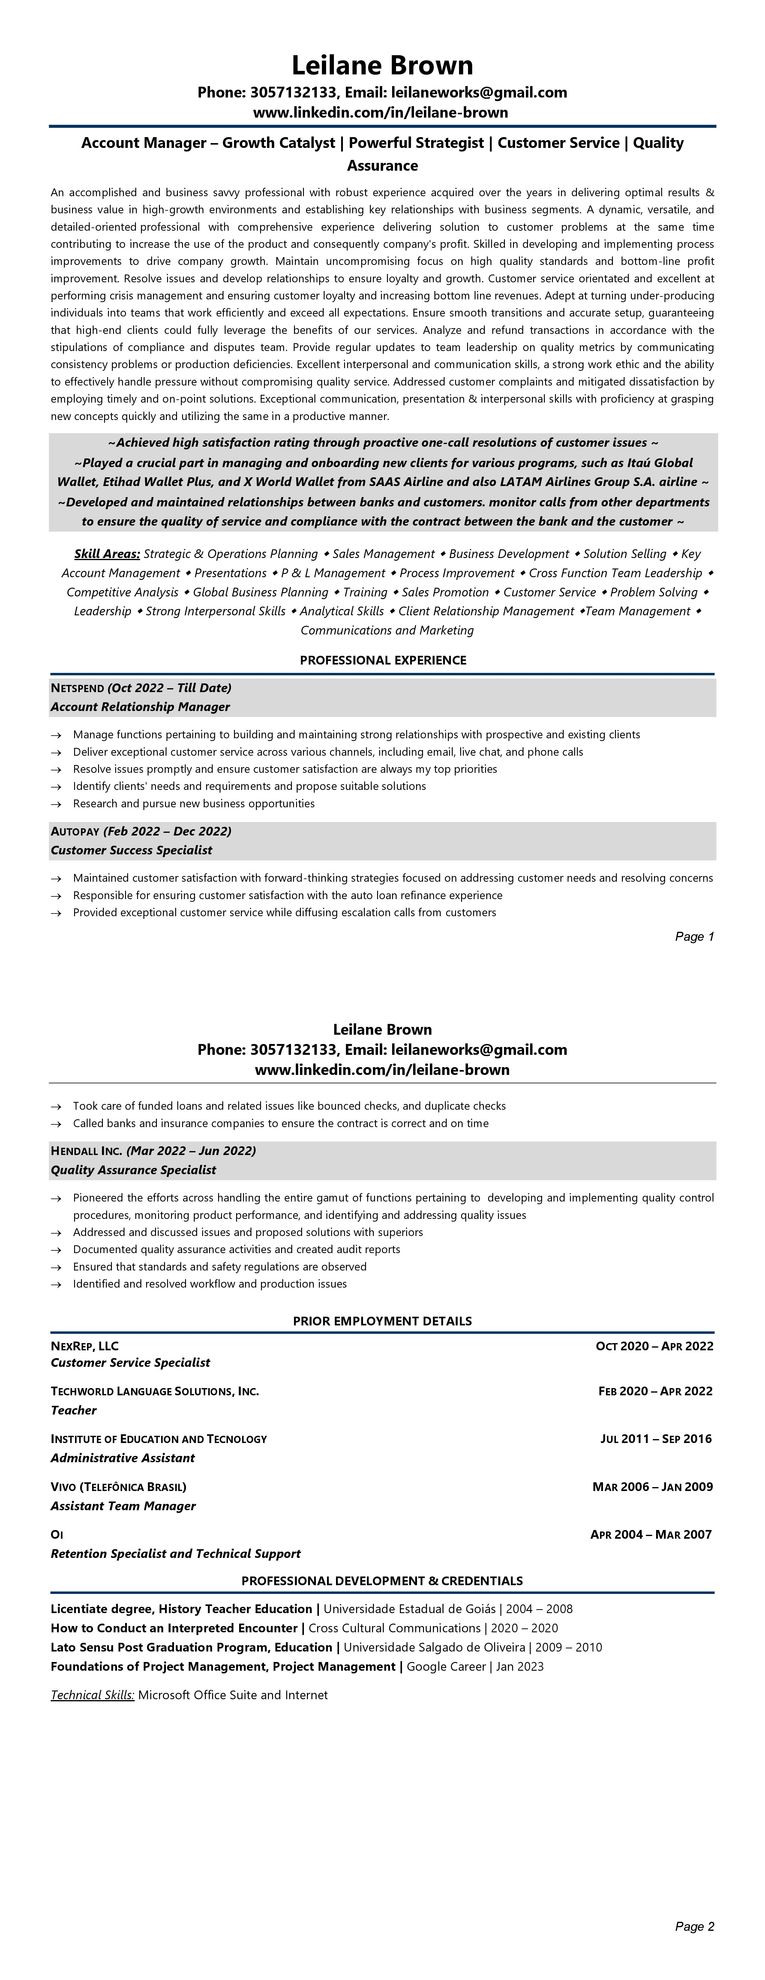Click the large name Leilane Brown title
[x=382, y=65]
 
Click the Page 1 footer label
[x=694, y=936]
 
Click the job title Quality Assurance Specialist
[x=133, y=1170]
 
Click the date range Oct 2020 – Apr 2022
[x=654, y=1346]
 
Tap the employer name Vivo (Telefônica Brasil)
[x=118, y=1486]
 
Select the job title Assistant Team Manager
[x=123, y=1506]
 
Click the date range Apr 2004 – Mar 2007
[x=651, y=1534]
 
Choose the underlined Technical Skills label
[x=92, y=1695]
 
